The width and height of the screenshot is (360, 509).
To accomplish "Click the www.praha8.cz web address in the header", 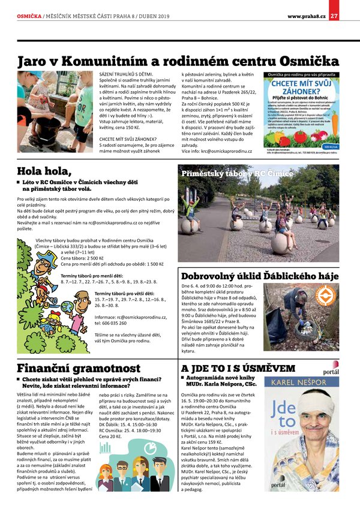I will click(307, 16).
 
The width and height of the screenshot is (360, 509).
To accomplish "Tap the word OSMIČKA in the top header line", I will click(29, 16).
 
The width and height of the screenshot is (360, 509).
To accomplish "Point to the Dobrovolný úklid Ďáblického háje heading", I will click(256, 277).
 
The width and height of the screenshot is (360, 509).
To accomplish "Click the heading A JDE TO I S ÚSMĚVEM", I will click(238, 368).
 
